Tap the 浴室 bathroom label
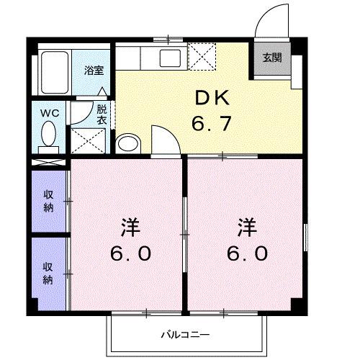point(94,71)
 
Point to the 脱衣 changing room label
point(102,115)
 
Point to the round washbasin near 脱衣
point(127,143)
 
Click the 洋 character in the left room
point(129,227)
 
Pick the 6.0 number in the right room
point(248,253)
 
